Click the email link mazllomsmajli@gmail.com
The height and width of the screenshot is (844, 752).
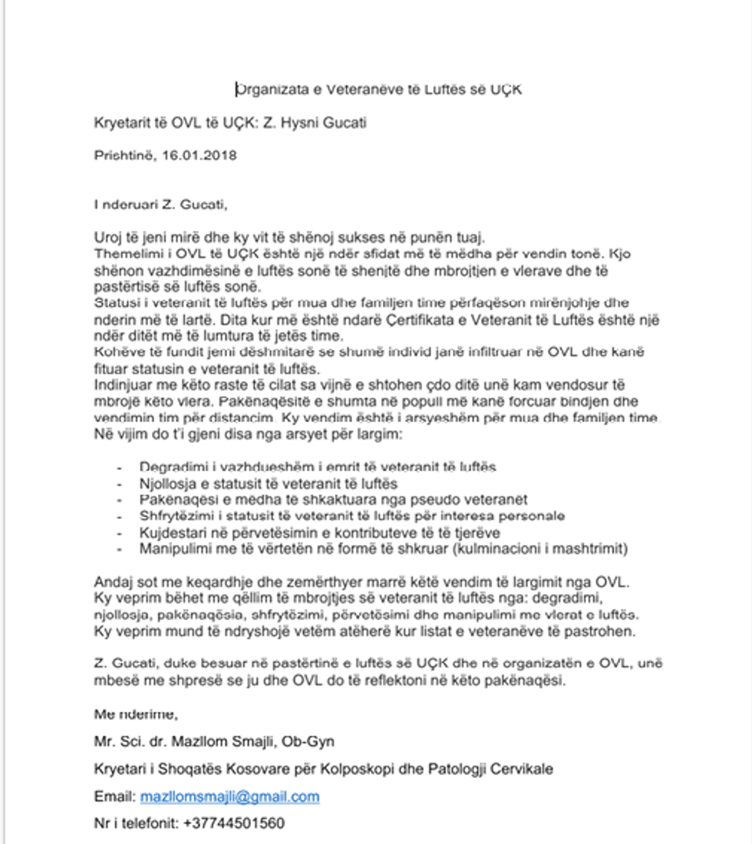tap(229, 797)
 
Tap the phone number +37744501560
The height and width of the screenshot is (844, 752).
tap(234, 825)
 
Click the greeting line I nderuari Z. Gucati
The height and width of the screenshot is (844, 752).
tap(161, 205)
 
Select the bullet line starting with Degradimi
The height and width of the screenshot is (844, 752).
tap(318, 467)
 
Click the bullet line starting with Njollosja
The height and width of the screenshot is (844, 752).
tap(268, 483)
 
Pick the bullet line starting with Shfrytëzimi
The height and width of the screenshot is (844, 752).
tap(351, 516)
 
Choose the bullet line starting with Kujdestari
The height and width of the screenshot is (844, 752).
tap(320, 532)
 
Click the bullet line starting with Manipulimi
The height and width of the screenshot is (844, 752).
tap(384, 549)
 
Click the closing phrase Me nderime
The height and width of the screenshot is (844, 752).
tap(135, 714)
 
